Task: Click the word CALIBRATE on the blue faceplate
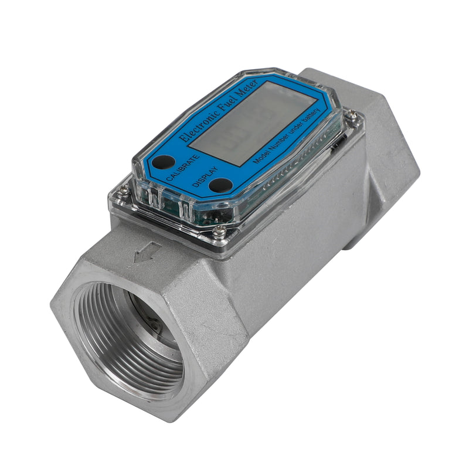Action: click(183, 166)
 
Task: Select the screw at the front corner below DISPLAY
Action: click(219, 232)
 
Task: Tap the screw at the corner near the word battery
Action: click(352, 115)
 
